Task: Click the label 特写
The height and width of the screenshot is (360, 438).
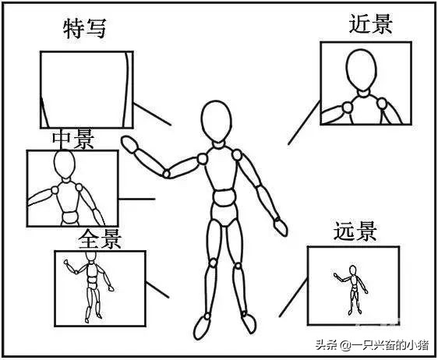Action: pyautogui.click(x=85, y=29)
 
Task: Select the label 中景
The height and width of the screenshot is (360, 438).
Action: pyautogui.click(x=73, y=139)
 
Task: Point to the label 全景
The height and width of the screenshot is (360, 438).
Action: pyautogui.click(x=100, y=239)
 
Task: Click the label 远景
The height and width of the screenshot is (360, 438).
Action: pyautogui.click(x=355, y=231)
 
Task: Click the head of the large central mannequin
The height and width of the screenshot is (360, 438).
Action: pyautogui.click(x=217, y=122)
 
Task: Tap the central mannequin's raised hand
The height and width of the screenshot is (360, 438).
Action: pyautogui.click(x=129, y=144)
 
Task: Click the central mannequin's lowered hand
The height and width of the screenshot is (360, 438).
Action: pyautogui.click(x=280, y=227)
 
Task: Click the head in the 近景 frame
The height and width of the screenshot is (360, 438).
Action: pyautogui.click(x=361, y=70)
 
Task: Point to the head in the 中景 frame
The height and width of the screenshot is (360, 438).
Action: pyautogui.click(x=65, y=164)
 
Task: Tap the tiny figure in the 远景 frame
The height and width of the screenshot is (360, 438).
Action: pyautogui.click(x=351, y=290)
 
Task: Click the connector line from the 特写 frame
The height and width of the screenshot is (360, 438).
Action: pyautogui.click(x=152, y=114)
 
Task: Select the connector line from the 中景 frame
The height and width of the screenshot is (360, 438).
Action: pyautogui.click(x=136, y=199)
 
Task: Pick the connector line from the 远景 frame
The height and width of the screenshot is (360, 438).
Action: pyautogui.click(x=293, y=298)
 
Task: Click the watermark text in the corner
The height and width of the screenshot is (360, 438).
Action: pyautogui.click(x=372, y=345)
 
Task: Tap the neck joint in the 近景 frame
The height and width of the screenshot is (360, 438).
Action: pyautogui.click(x=364, y=94)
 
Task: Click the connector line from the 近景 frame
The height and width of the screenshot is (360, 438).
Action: pyautogui.click(x=304, y=122)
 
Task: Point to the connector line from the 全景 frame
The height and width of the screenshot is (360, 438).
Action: pyautogui.click(x=157, y=290)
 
